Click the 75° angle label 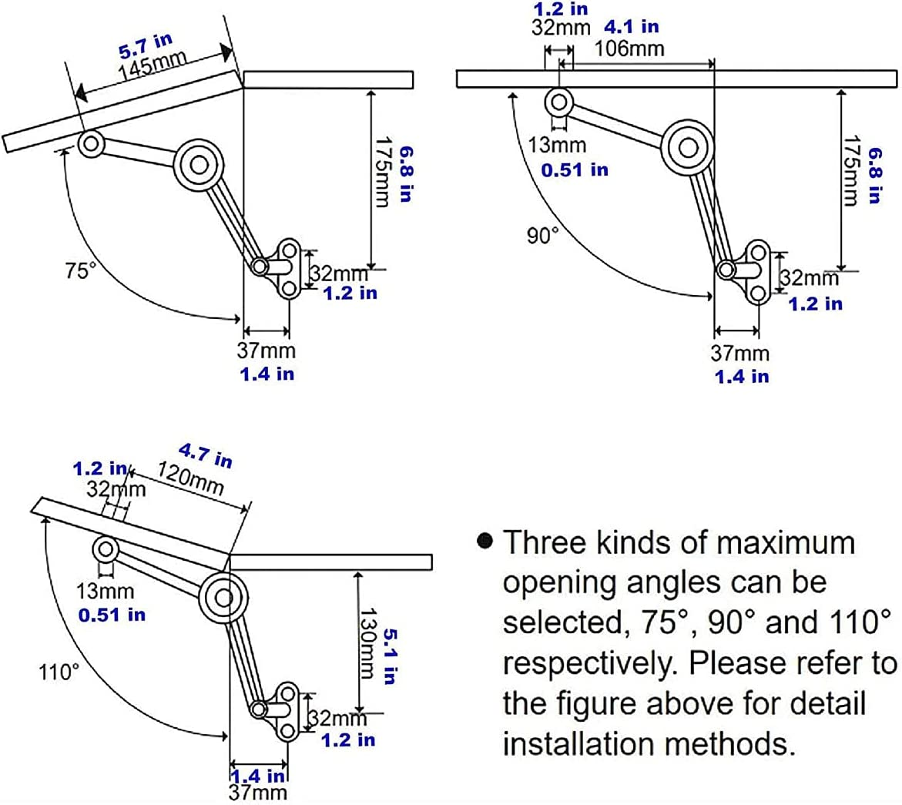click(80, 271)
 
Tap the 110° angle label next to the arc click(59, 672)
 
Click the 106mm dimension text click(629, 49)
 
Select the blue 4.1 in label click(631, 27)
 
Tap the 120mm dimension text click(190, 479)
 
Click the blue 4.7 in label click(205, 455)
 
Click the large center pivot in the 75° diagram click(199, 164)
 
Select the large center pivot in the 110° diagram click(224, 597)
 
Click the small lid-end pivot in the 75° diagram click(92, 143)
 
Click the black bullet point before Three click(485, 541)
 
